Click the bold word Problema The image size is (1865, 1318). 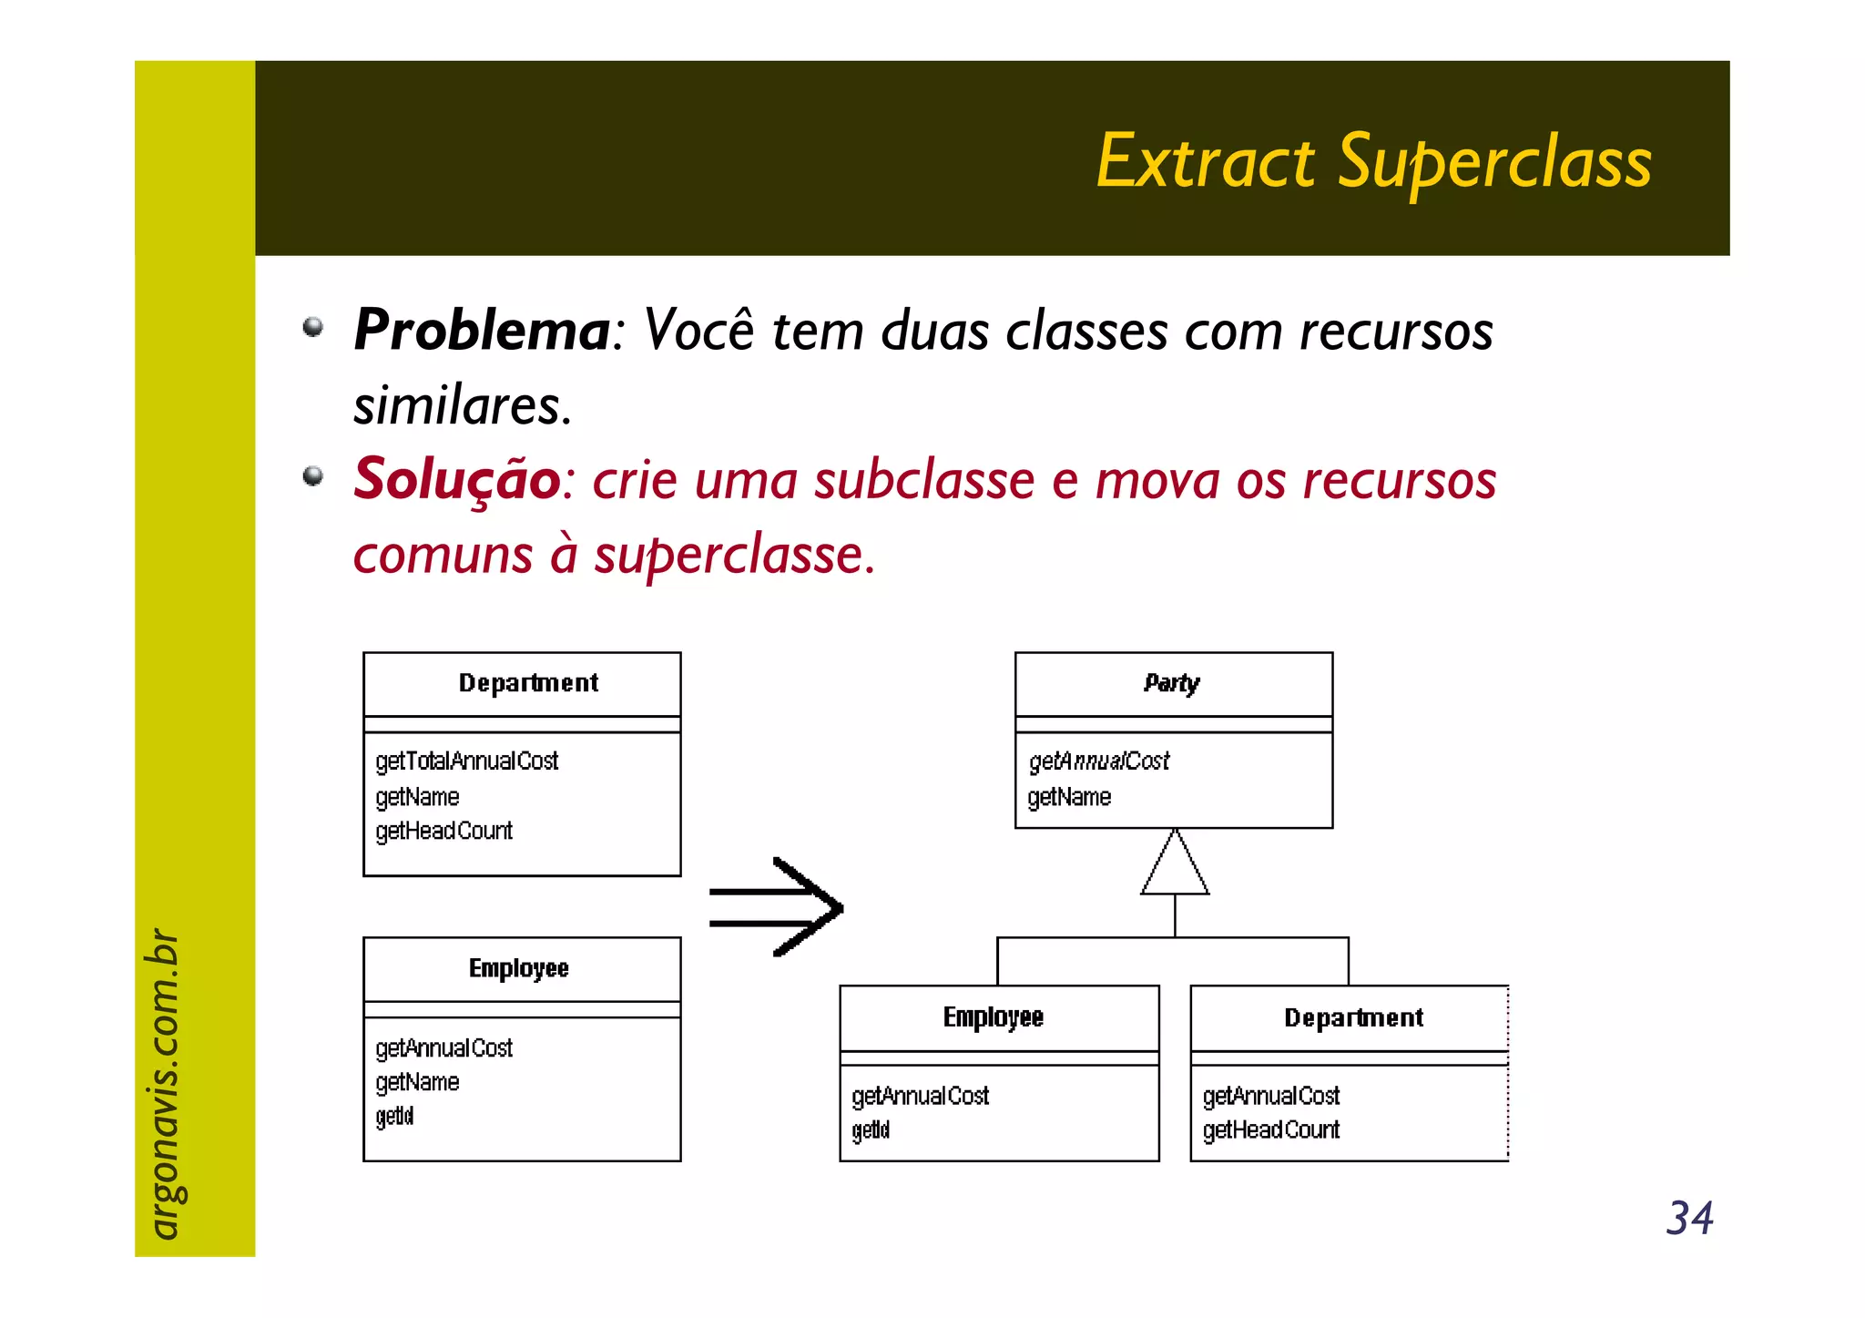[482, 330]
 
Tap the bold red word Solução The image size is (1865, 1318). [457, 479]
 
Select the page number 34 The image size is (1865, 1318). [1689, 1218]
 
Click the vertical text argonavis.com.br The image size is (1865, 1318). [164, 1083]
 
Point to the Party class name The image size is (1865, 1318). [1172, 683]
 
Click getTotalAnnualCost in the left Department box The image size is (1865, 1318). [466, 761]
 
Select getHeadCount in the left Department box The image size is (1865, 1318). [443, 831]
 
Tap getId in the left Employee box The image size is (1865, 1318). [394, 1117]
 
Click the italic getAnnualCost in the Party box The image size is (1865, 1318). [1099, 761]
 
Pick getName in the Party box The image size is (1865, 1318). [1069, 798]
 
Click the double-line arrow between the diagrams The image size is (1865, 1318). [777, 907]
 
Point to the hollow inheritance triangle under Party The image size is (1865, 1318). [1175, 866]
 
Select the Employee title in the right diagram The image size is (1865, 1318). [993, 1017]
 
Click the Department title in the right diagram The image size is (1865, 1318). [1353, 1017]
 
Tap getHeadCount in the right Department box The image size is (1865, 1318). [1270, 1130]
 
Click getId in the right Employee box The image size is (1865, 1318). [871, 1130]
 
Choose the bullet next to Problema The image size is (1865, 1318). [313, 327]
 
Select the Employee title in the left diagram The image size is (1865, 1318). [518, 968]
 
